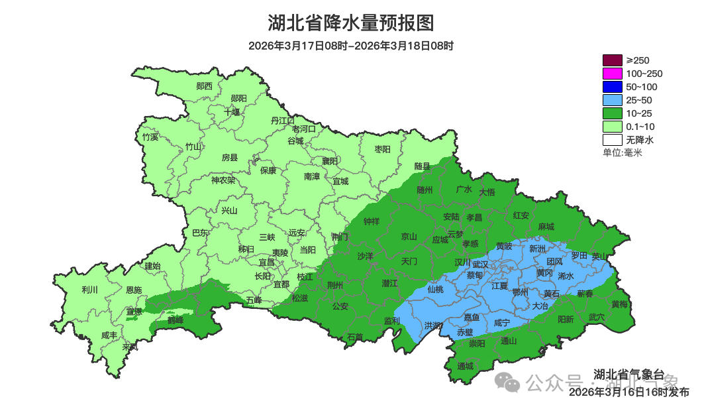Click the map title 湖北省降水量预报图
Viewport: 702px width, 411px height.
click(x=351, y=23)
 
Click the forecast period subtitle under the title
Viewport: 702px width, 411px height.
click(x=351, y=46)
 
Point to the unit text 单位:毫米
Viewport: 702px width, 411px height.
click(x=622, y=152)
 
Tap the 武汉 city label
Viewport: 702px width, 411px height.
click(x=480, y=264)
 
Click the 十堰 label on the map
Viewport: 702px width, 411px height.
click(x=232, y=112)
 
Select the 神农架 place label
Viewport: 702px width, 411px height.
click(x=223, y=180)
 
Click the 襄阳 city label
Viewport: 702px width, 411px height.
click(x=329, y=161)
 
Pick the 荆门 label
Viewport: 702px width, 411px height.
click(x=339, y=237)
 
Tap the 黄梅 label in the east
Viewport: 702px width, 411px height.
click(x=620, y=304)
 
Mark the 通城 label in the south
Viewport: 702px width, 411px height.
click(x=466, y=366)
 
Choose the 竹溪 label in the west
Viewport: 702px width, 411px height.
click(x=150, y=137)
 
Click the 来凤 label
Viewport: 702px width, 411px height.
click(x=130, y=347)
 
